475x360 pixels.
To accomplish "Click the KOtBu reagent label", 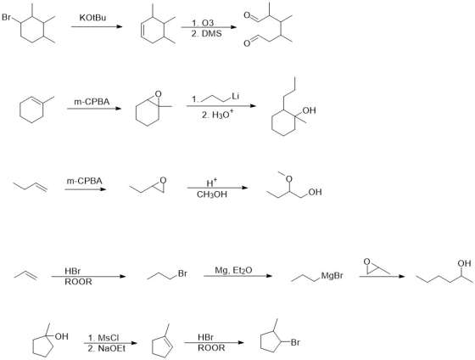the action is [92, 18].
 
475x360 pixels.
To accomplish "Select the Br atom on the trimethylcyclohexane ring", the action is [7, 17].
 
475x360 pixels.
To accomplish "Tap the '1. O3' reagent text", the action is [203, 23].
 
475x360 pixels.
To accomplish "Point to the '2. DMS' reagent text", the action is [206, 33].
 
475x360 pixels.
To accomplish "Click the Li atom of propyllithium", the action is [236, 97].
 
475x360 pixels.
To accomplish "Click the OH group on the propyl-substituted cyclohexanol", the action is [309, 110].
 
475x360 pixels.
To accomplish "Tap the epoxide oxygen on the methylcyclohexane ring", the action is [158, 93].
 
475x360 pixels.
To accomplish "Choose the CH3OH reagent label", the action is [212, 194].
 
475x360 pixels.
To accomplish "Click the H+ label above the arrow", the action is [212, 183].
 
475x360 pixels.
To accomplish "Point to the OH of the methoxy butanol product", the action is [315, 192].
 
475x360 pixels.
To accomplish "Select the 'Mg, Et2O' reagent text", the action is [233, 270].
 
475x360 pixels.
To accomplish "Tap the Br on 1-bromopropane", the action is [182, 273].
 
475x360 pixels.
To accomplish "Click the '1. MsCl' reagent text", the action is [103, 338].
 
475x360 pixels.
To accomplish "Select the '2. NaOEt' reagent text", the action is [106, 349].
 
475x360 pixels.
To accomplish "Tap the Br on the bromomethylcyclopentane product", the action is [295, 342].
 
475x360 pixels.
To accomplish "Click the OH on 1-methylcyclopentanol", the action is [61, 336].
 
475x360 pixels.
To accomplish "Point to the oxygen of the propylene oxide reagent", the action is [366, 262].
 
